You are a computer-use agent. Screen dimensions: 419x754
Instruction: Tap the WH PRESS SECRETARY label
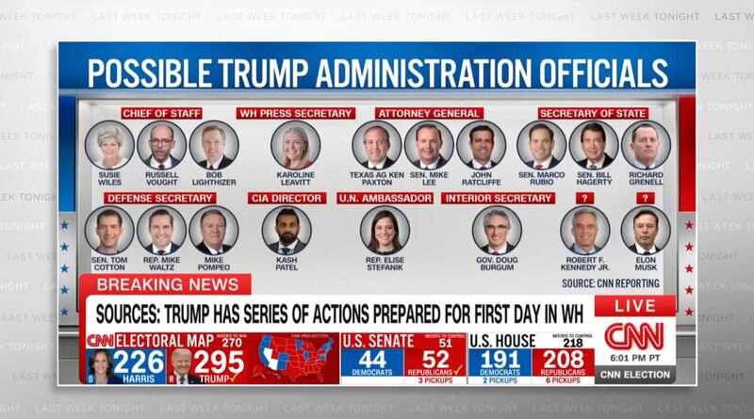[295, 114]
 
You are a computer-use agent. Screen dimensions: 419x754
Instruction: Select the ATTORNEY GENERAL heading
[417, 114]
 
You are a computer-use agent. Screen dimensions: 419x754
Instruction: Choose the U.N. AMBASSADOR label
[384, 199]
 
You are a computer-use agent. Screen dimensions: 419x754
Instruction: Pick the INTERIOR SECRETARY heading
[497, 199]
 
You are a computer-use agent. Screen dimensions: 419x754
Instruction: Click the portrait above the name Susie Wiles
[110, 144]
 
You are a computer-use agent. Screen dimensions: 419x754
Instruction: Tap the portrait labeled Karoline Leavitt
[295, 145]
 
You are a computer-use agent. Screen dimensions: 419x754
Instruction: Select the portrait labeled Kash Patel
[286, 230]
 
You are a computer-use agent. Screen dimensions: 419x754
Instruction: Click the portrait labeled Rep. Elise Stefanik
[385, 230]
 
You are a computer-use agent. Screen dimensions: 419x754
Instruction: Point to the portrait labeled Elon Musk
[647, 230]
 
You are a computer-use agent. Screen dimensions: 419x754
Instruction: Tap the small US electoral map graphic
[298, 358]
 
